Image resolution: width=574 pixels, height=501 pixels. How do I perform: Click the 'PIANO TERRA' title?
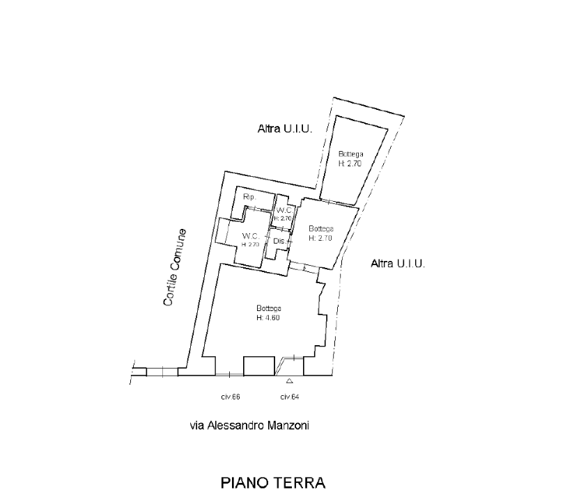[274, 482]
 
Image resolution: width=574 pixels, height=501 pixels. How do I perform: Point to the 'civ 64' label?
[289, 397]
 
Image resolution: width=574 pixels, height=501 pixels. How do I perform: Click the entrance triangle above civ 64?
[289, 381]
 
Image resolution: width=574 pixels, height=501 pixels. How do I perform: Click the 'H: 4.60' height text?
[268, 317]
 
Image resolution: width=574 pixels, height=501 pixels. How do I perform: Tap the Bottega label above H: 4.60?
[268, 308]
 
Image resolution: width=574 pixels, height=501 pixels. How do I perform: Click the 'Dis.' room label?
[278, 241]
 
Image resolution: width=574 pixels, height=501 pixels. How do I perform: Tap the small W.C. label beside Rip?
[283, 210]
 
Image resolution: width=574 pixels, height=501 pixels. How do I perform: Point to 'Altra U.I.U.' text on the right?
[398, 264]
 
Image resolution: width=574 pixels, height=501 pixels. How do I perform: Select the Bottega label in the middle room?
[321, 228]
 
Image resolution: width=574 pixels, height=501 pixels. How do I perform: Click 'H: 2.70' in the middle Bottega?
[321, 237]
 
